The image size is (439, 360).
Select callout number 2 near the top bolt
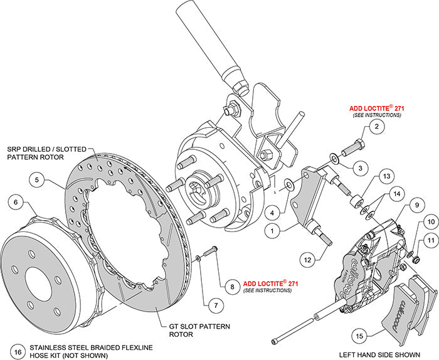376,127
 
